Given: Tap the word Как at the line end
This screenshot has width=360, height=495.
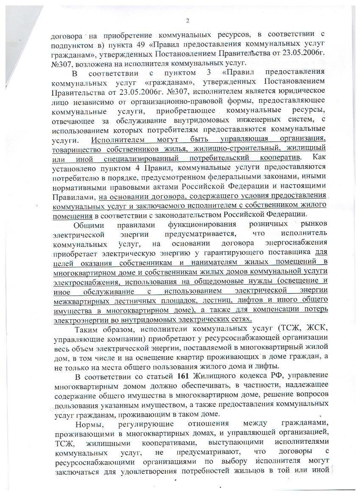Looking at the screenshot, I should tap(318, 158).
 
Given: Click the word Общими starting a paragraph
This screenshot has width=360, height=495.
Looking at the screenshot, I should tap(91, 224).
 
